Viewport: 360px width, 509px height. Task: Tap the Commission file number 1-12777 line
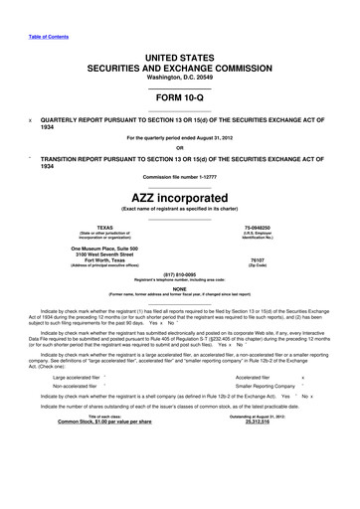tap(179, 177)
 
